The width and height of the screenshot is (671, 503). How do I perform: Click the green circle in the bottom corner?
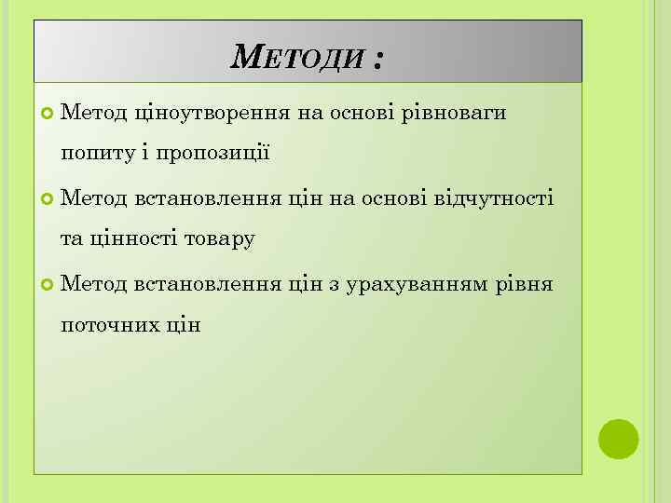pos(618,439)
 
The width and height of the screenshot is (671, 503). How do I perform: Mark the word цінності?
pos(130,239)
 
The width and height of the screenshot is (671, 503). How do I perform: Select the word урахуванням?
pos(416,283)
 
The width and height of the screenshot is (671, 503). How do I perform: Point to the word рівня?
pos(526,283)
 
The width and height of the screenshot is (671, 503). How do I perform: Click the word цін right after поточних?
pos(183,325)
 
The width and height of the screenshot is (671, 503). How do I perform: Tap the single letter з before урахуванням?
pos(334,284)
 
